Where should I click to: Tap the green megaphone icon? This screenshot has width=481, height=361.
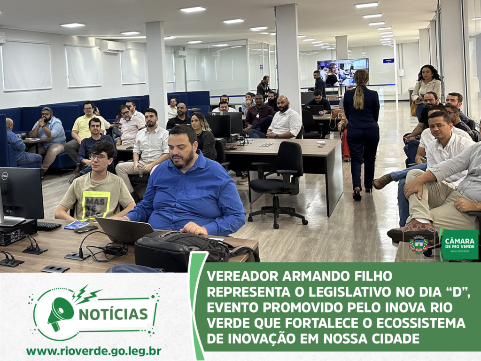coord(61,313)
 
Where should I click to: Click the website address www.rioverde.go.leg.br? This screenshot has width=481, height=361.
coord(93,351)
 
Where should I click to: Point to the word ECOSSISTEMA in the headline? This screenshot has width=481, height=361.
coord(420,323)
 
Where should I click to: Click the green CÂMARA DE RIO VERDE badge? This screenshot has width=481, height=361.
coord(459,244)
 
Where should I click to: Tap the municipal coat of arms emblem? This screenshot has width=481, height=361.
coord(419,244)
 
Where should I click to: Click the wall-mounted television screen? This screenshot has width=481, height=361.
coord(342,72)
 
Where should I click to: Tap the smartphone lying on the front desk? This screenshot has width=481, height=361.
coord(86,229)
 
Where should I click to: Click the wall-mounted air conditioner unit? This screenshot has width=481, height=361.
coord(113,47)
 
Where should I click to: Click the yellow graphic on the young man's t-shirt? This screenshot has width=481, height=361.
coord(96,204)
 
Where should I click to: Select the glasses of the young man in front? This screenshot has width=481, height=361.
coord(99,157)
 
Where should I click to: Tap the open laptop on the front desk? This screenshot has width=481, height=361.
coord(124,230)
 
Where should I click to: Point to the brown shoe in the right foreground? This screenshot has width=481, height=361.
coord(411,230)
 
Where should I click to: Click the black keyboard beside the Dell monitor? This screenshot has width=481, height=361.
coord(49,226)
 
